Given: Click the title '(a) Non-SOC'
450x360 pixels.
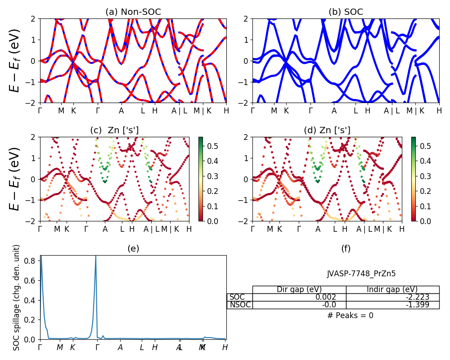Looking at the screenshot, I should tap(133, 12).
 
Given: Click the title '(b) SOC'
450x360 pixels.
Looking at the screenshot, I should tap(346, 12).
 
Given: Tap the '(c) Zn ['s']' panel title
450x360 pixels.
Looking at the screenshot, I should tap(114, 130).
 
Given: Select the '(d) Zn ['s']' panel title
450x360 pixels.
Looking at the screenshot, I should tap(327, 130).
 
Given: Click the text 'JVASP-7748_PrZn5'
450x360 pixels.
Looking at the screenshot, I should tap(361, 274).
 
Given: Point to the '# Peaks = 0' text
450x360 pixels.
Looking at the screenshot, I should tap(350, 315).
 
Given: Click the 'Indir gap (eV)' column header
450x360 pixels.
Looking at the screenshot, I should tap(392, 289).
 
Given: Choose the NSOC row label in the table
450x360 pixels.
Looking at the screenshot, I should tap(240, 305).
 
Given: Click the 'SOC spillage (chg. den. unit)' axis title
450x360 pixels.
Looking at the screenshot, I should tap(17, 297).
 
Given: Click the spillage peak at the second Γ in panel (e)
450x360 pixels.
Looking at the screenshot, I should tap(95, 257).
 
